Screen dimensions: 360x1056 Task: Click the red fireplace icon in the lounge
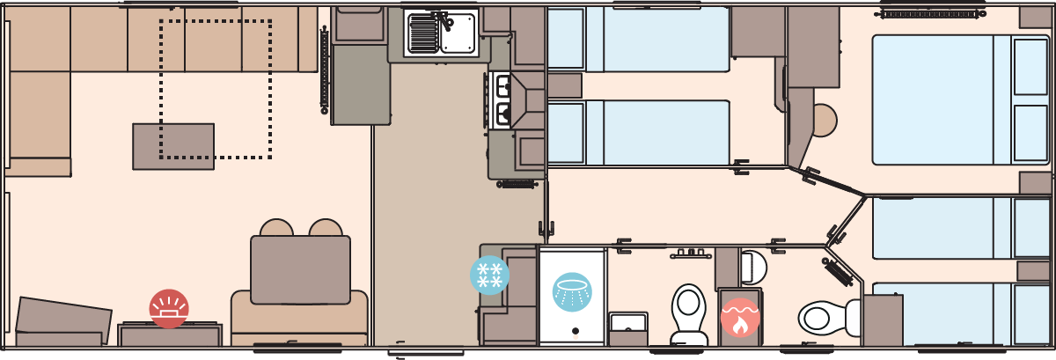(169, 309)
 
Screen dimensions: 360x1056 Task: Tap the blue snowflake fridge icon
(489, 275)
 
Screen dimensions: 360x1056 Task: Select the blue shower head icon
(572, 291)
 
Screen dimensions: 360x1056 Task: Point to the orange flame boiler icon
(740, 318)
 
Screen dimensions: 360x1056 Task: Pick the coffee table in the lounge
(173, 146)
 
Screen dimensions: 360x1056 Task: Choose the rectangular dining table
(300, 269)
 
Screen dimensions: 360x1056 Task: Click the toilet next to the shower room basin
(688, 312)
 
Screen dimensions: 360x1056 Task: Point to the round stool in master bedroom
(825, 121)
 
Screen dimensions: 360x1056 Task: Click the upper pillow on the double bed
(1030, 67)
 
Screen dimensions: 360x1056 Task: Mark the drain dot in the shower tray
(575, 332)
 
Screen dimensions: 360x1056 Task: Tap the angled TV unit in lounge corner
(63, 321)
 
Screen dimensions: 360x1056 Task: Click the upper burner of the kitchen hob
(504, 85)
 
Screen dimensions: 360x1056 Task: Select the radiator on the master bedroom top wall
(929, 13)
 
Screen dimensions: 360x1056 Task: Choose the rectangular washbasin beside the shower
(627, 322)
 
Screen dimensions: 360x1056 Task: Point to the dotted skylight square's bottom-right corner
(269, 158)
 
